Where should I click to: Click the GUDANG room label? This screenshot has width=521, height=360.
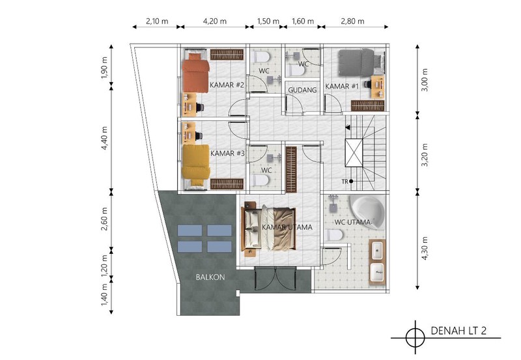tap(302, 90)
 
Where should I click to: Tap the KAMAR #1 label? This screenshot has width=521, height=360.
tap(342, 87)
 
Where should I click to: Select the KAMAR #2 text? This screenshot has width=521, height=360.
tap(227, 85)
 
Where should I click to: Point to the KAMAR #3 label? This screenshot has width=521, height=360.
tap(227, 154)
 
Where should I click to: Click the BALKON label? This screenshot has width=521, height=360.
tap(210, 277)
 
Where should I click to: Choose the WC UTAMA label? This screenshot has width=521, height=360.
tap(352, 222)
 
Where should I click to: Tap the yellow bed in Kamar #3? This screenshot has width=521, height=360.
tap(196, 165)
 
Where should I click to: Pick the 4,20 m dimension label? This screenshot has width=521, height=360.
tap(215, 21)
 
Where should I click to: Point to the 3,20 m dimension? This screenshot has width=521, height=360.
tap(425, 155)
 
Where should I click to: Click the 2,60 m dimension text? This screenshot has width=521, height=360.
tap(105, 219)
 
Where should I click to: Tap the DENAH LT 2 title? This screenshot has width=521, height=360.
tap(458, 331)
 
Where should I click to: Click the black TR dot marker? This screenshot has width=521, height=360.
tap(351, 182)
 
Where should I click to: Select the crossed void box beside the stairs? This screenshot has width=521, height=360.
tap(354, 153)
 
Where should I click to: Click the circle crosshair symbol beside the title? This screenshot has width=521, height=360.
tap(415, 338)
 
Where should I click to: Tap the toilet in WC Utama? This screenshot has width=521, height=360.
tap(335, 236)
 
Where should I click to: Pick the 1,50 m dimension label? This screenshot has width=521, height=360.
tap(268, 21)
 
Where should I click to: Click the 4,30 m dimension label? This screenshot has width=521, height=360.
tap(425, 248)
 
